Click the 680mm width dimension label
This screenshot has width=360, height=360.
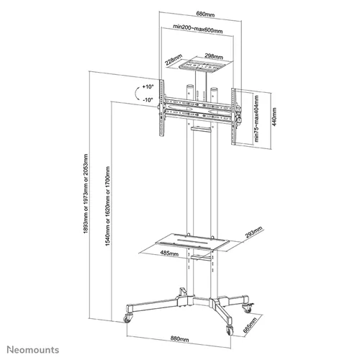point(205,14)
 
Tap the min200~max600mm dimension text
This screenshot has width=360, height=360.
point(198,29)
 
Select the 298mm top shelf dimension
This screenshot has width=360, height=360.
point(214,56)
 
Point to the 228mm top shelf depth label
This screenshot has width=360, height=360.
point(174,60)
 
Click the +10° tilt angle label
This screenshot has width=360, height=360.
point(148,86)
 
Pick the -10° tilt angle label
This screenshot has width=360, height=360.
point(148,99)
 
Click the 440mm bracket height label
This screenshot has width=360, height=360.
point(274,117)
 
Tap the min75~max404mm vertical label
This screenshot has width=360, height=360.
point(256,119)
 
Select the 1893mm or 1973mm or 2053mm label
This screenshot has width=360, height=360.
point(86,194)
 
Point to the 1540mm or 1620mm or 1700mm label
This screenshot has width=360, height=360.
point(108,206)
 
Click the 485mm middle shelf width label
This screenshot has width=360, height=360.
point(169,253)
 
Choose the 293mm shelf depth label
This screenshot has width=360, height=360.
point(254,232)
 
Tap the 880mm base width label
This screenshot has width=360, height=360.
point(179,339)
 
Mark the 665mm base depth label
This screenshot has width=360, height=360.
point(250,325)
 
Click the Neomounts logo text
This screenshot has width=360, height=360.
point(33,350)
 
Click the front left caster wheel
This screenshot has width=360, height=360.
point(127,319)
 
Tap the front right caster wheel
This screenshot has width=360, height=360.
point(230,330)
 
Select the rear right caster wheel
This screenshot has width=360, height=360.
point(248,308)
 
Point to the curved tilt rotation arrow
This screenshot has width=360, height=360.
point(137,94)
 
